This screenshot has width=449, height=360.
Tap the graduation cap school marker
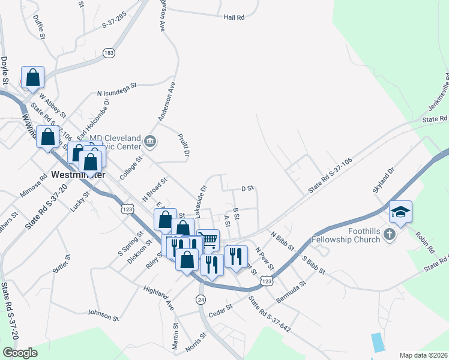(x=400, y=212)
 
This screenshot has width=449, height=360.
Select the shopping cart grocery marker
(x=208, y=240)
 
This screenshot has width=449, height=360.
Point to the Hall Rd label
(x=234, y=18)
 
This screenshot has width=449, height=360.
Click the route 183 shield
(x=109, y=53)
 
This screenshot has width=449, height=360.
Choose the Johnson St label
(x=103, y=314)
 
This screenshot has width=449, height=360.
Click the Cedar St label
(x=220, y=307)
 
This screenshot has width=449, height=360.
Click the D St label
(x=247, y=188)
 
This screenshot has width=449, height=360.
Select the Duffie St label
(x=40, y=27)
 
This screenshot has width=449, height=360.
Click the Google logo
(x=20, y=353)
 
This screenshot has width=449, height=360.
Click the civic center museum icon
(x=150, y=143)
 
